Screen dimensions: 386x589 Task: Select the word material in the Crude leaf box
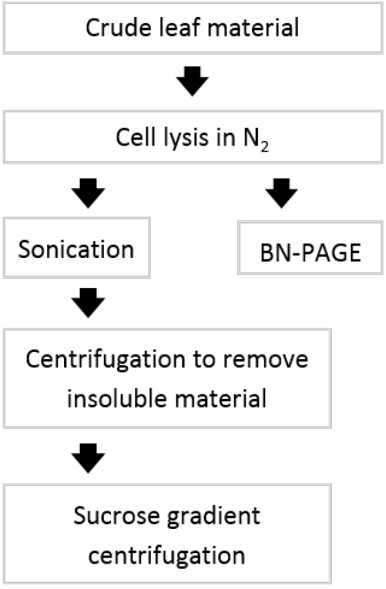point(253,27)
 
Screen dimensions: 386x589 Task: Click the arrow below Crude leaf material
point(193,81)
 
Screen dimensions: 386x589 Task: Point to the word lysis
point(187,138)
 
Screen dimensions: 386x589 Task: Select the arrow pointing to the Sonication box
point(88,193)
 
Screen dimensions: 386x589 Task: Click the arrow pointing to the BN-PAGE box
point(281,193)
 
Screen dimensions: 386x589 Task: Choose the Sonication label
point(76,249)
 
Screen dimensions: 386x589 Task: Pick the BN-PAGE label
point(310,253)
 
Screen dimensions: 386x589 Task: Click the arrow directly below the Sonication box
point(88,303)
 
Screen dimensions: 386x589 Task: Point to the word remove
point(266,360)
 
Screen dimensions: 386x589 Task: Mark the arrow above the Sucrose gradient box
point(88,458)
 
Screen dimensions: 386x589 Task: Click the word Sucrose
point(116,516)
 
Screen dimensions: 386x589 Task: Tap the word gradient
point(214,517)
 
